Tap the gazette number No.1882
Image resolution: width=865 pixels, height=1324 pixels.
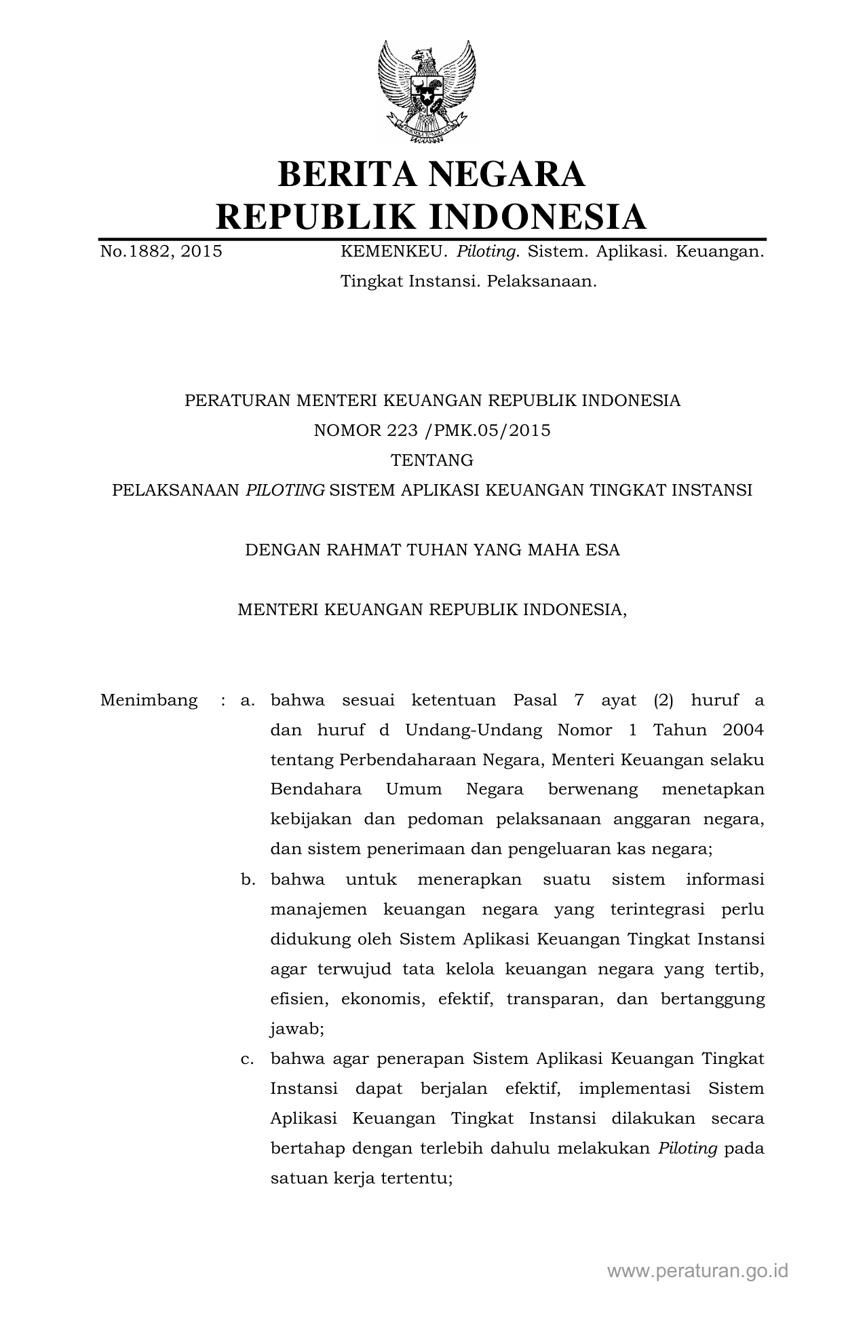coord(136,252)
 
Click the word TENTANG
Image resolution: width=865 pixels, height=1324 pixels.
coord(432,460)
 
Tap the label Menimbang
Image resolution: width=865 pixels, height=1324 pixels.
coord(149,700)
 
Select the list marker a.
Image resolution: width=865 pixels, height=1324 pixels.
coord(247,700)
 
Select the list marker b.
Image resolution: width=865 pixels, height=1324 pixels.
coord(248,879)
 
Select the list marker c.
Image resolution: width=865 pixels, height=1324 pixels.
coord(247,1059)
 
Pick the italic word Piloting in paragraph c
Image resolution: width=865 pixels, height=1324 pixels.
coord(688,1148)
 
